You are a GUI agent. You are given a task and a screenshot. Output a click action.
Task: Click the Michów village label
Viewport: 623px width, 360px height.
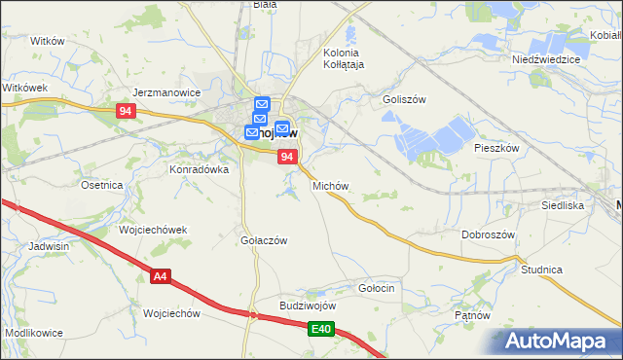pos(330,185)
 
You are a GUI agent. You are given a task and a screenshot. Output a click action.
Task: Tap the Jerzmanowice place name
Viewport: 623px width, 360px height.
pos(165,93)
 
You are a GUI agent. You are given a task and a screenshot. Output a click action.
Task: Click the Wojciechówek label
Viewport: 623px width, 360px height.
pos(152,230)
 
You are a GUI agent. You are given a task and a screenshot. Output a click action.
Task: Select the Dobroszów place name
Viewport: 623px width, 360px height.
pos(488,234)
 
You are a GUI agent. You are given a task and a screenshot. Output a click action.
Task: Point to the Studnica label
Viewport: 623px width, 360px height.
pos(542,269)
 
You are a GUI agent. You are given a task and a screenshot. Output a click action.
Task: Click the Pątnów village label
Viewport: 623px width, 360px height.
pos(474,316)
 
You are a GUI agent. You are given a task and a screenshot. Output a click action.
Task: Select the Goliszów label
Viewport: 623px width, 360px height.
pos(405,99)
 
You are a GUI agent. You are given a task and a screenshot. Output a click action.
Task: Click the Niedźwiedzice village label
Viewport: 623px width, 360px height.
pos(546,59)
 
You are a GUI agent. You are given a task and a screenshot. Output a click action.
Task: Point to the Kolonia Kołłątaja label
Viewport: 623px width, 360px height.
pos(342,58)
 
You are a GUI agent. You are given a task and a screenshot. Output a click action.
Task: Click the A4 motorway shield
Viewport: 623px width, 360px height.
pos(162,277)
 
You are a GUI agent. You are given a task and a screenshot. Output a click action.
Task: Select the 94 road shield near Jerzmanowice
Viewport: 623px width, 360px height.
pos(124,112)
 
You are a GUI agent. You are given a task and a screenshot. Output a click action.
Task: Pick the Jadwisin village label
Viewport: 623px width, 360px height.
pos(49,247)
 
